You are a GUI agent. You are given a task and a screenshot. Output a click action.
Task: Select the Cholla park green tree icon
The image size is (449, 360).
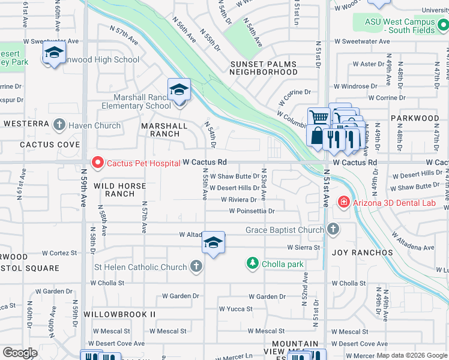click(x=253, y=263)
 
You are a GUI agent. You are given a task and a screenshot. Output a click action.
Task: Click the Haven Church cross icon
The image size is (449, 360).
click(x=59, y=125)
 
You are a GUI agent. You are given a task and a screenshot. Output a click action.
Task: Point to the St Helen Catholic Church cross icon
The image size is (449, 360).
click(x=196, y=267)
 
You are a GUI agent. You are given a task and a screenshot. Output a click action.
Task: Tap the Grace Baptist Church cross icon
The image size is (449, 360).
click(x=333, y=230)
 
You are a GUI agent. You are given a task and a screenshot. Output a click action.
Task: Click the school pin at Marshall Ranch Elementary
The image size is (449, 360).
click(x=179, y=90)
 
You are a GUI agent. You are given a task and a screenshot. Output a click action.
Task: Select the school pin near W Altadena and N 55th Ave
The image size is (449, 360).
click(x=213, y=243)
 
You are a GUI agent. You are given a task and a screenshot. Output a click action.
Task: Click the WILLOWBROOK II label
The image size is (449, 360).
click(x=119, y=314)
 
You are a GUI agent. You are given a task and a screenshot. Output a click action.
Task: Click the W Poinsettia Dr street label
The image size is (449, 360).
click(x=252, y=211)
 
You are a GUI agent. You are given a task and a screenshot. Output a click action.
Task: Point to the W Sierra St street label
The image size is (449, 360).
click(x=304, y=247)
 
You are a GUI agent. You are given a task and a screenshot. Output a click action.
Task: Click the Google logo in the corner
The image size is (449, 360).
click(x=20, y=352)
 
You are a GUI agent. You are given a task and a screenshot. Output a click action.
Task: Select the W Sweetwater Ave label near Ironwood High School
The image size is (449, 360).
click(x=52, y=41)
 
